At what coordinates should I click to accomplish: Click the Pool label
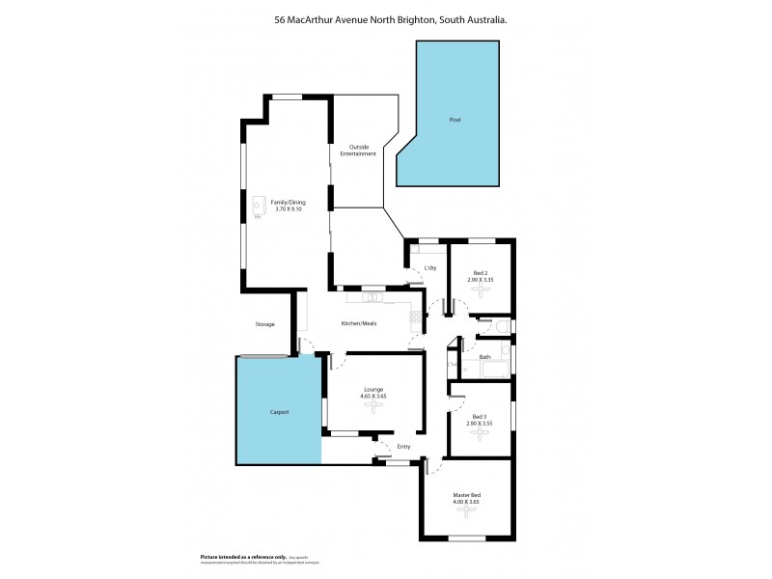455,120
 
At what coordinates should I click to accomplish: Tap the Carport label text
279,412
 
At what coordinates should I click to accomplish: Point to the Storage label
265,324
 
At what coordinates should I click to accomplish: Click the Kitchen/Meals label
358,323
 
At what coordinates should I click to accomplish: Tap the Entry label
403,446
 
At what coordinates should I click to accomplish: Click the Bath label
484,357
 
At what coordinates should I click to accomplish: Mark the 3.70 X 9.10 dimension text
289,208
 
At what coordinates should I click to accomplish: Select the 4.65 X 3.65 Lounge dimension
373,396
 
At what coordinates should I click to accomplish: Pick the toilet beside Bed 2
505,328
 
